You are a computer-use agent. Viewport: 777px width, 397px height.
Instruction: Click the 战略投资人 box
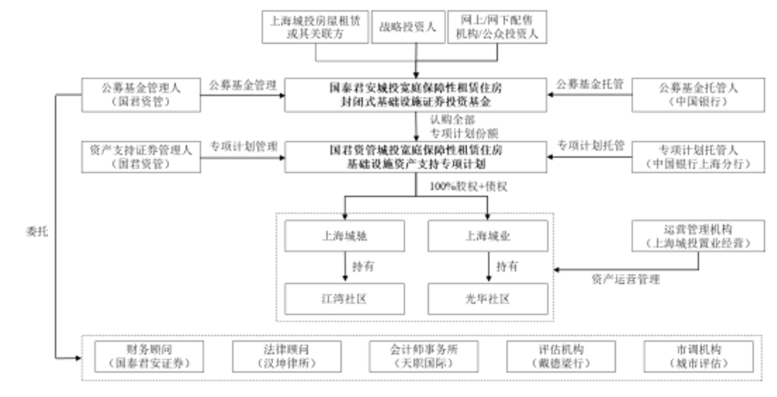tap(407, 27)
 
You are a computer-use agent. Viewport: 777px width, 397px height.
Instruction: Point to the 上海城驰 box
tap(345, 237)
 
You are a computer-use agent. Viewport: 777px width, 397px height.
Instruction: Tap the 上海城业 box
tap(488, 237)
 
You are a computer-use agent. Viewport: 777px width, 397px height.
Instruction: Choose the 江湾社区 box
tap(345, 298)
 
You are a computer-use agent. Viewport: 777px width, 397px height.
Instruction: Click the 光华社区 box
tap(488, 298)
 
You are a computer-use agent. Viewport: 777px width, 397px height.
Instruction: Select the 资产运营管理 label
tap(625, 279)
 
